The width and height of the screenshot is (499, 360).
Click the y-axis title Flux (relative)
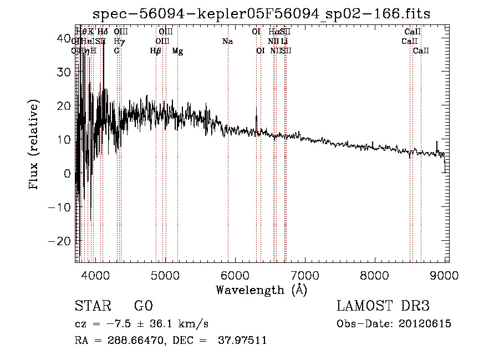pos(34,145)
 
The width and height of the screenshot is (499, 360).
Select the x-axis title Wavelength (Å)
pos(261,290)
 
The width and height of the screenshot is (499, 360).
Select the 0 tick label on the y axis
pos(67,174)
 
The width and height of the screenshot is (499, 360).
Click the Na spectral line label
pos(227,42)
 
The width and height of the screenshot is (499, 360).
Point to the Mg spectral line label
pos(177,51)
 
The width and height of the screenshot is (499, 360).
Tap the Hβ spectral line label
pos(156,51)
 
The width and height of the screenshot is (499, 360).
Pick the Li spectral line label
pos(284,42)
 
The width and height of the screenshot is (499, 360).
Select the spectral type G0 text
pos(143,306)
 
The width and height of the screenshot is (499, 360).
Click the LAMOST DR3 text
pos(383,306)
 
